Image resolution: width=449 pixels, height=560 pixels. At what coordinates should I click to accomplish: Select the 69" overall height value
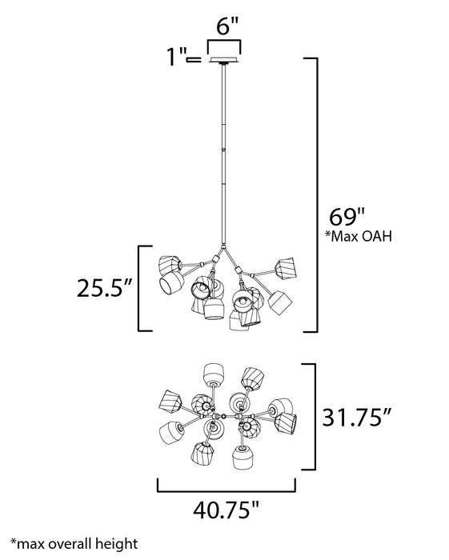[x=347, y=217]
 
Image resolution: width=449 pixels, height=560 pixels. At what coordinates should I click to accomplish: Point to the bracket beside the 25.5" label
[x=144, y=288]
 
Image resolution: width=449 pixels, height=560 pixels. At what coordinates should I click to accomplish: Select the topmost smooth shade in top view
[x=214, y=374]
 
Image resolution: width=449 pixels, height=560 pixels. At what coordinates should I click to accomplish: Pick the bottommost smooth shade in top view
[x=242, y=459]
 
